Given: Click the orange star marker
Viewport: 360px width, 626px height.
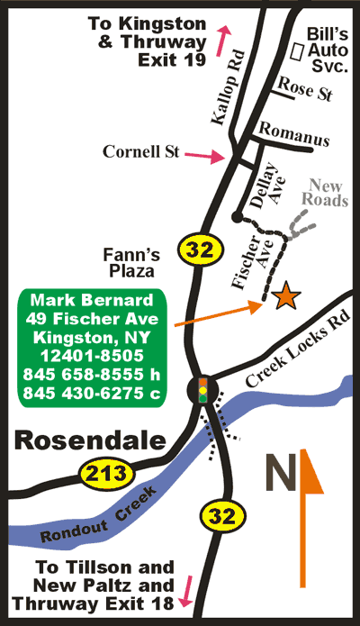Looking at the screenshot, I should click(x=286, y=296).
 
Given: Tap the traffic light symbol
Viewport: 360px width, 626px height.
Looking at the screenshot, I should click(x=203, y=390).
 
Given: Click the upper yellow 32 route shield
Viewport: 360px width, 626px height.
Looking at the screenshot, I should click(x=196, y=248).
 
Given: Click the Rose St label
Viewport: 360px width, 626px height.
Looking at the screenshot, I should click(x=304, y=87).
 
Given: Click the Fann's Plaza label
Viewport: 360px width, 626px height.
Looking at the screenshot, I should click(x=128, y=261).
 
